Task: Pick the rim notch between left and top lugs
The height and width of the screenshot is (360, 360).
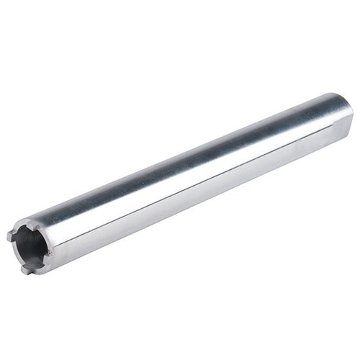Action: (19, 228)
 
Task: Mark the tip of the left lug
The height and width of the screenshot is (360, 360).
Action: (9, 236)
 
